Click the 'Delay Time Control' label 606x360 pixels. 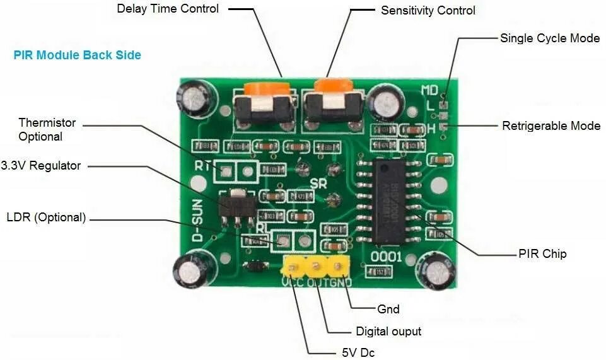click(168, 9)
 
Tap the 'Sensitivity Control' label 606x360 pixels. click(428, 11)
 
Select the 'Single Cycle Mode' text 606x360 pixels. click(549, 38)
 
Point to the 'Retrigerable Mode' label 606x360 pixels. click(551, 126)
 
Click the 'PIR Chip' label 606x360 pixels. click(542, 254)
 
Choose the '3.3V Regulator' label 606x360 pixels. click(41, 166)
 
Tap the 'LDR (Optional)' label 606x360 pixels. click(45, 218)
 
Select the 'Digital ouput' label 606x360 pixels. click(388, 332)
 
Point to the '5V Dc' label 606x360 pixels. click(358, 352)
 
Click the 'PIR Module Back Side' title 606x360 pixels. click(77, 55)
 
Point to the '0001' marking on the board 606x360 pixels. click(386, 257)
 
